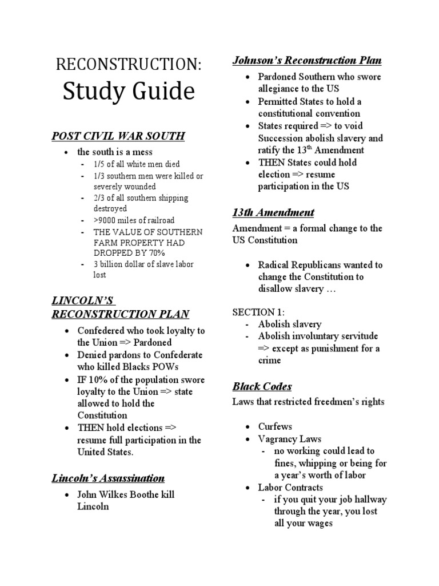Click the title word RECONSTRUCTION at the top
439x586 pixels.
pos(128,65)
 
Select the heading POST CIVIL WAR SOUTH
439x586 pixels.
pos(118,136)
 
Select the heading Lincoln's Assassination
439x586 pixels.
pos(108,478)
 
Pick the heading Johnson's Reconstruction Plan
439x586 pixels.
pos(307,60)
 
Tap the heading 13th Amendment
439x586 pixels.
pos(273,212)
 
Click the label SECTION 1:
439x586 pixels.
pos(258,312)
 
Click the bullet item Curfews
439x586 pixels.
pos(275,426)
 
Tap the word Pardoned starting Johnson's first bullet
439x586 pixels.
pos(278,77)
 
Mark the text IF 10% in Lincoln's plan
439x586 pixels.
pos(90,379)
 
